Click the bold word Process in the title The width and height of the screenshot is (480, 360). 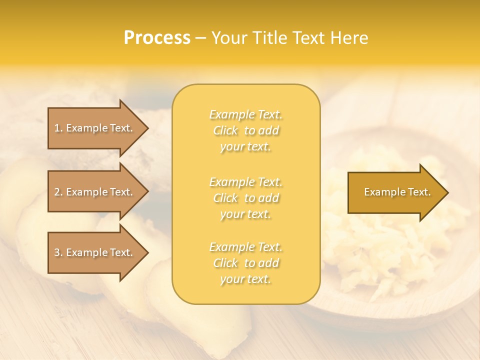click(157, 38)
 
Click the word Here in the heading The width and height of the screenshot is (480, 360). click(350, 38)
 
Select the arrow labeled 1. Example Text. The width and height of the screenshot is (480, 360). click(95, 128)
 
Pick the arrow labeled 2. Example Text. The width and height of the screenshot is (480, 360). click(95, 192)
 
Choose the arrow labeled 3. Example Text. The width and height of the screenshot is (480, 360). click(95, 252)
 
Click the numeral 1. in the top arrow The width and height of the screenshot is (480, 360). click(58, 128)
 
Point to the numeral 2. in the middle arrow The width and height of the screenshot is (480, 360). click(58, 192)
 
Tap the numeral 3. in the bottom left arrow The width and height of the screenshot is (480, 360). click(58, 252)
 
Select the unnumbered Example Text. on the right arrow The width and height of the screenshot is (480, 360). click(397, 192)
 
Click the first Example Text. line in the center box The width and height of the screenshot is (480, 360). click(245, 115)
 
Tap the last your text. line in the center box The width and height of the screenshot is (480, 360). click(245, 279)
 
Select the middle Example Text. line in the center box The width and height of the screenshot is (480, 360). click(245, 182)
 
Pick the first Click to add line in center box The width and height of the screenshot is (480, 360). click(245, 131)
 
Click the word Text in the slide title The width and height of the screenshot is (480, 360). click(312, 38)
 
